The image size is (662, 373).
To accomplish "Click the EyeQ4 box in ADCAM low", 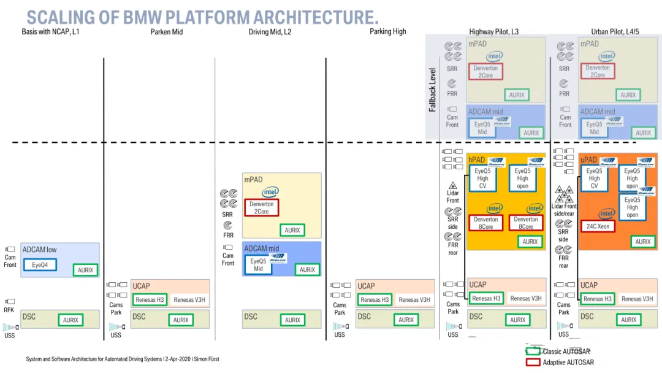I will tap(40, 265).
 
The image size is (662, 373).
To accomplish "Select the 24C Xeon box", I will tap(598, 226).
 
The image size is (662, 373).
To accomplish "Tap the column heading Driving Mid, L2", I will tap(270, 32).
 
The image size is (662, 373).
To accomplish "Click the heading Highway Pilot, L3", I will tap(493, 32).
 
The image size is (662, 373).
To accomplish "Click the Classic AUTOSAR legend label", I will tap(566, 352).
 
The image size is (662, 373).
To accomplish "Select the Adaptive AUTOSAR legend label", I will tap(568, 363).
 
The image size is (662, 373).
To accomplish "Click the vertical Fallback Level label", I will tap(433, 90).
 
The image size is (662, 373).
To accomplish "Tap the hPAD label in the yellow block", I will tap(477, 160).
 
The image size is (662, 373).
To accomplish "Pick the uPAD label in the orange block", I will tap(588, 160).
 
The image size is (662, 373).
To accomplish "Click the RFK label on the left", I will tap(9, 310).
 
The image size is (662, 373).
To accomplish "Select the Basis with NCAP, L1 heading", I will tap(50, 32).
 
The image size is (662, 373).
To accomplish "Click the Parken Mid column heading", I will tap(167, 32).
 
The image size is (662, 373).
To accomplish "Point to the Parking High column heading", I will tap(387, 32).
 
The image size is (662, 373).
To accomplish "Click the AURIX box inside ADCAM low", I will tap(85, 270).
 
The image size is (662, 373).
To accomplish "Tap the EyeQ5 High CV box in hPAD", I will tap(482, 178).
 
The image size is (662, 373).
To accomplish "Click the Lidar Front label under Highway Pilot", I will tap(452, 197).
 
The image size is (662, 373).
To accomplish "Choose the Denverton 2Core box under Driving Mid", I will tap(262, 207).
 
